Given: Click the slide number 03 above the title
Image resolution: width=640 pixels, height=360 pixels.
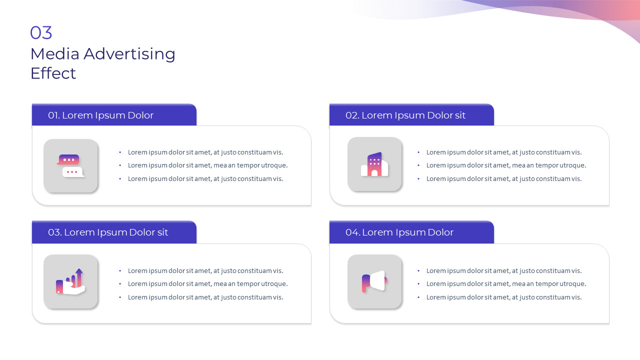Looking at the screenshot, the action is (41, 32).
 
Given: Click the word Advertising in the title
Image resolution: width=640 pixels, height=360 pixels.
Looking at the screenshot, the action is (129, 54).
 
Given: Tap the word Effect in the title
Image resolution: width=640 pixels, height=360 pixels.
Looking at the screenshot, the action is (53, 73).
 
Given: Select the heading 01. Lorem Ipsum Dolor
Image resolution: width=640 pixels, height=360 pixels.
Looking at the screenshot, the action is (100, 115).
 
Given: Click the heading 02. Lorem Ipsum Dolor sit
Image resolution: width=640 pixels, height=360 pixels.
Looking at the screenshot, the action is (405, 115).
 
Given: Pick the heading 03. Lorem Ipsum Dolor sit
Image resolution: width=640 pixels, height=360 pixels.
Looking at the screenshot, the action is (107, 232).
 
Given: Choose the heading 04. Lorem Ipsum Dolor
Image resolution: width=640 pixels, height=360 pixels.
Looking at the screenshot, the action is (399, 232).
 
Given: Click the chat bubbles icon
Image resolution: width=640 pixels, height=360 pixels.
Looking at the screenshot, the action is (70, 165).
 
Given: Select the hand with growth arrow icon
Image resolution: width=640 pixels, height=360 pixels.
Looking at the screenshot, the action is (70, 281).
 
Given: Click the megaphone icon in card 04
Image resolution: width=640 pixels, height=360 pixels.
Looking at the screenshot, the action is (374, 281).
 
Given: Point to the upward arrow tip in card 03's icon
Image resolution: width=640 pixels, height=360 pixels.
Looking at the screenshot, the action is (79, 269).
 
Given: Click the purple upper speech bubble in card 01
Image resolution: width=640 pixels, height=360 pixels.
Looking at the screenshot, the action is (68, 159).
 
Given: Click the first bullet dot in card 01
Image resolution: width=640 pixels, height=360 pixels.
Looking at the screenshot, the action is (120, 152).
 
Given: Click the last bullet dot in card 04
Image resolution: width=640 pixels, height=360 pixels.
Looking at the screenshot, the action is (418, 297).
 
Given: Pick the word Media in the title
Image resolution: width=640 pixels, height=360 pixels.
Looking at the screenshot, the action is (55, 54).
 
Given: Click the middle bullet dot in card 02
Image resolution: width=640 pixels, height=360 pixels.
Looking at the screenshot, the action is (418, 165).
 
